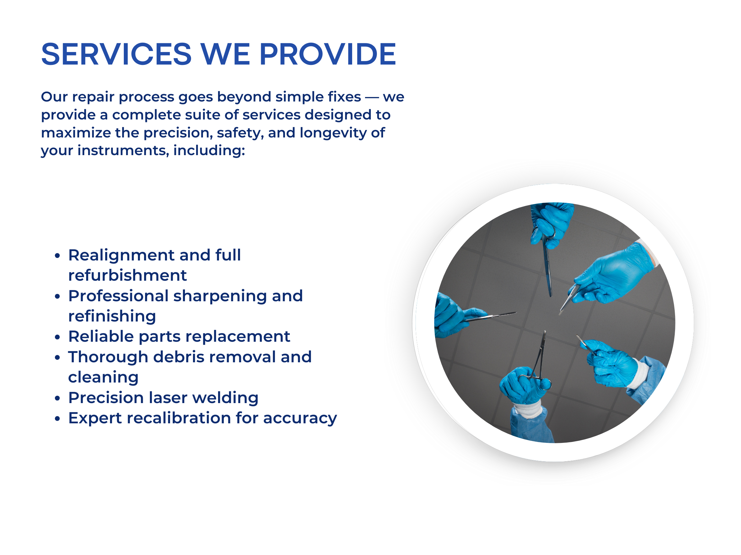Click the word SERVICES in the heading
(x=116, y=54)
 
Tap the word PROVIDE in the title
(x=328, y=54)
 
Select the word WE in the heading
(x=225, y=54)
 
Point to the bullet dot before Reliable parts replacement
(x=58, y=337)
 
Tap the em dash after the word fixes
(x=372, y=97)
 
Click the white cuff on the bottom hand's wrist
(x=528, y=410)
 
